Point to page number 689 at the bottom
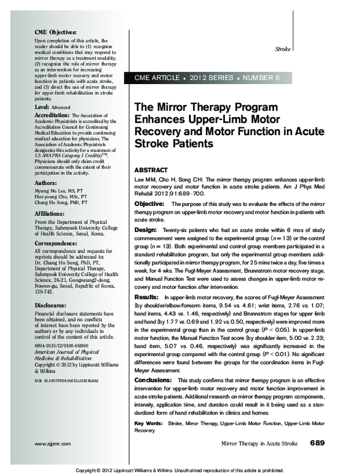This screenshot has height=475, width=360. [x=317, y=443]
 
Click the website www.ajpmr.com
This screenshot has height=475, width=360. [x=46, y=443]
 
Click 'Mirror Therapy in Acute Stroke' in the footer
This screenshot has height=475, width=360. [x=260, y=443]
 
